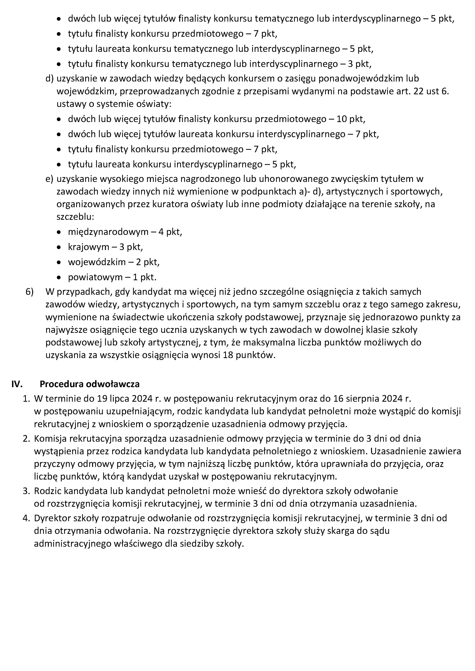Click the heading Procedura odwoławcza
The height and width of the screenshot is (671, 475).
89,384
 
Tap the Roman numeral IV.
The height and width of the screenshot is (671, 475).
17,384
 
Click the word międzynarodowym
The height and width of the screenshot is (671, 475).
108,232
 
